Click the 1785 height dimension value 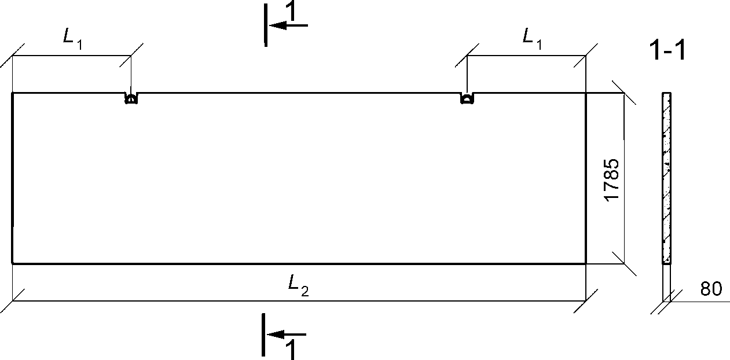(x=612, y=179)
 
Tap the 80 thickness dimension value (x=711, y=289)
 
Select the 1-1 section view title (x=667, y=52)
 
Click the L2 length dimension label (x=299, y=283)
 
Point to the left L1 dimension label (x=72, y=39)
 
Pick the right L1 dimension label (x=532, y=39)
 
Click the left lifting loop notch (x=131, y=98)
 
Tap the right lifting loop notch (x=467, y=98)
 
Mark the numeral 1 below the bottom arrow (x=291, y=349)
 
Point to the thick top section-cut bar (x=265, y=24)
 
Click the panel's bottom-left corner (x=13, y=263)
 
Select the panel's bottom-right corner (x=586, y=263)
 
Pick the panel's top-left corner (x=13, y=93)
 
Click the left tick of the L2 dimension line (x=13, y=301)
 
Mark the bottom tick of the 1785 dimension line (x=624, y=263)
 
